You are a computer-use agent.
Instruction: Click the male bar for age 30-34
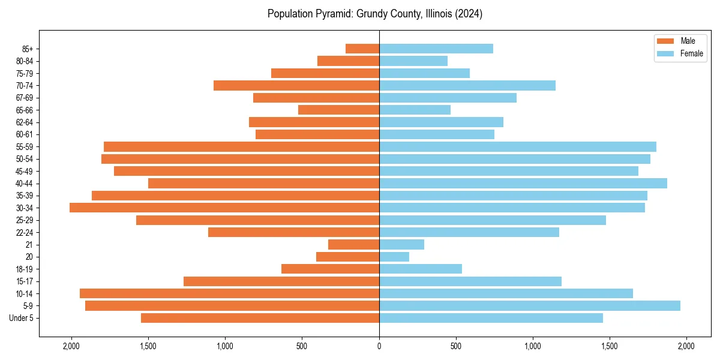[x=224, y=208]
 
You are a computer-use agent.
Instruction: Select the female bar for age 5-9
[x=529, y=305]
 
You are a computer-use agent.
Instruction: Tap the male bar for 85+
[x=362, y=49]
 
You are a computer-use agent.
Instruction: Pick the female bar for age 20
[x=394, y=257]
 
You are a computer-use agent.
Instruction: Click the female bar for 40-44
[x=523, y=183]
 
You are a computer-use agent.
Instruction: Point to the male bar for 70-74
[x=296, y=85]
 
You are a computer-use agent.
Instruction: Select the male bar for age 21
[x=353, y=244]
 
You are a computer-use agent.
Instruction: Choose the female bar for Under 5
[x=491, y=318]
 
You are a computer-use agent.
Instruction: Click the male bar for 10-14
[x=229, y=293]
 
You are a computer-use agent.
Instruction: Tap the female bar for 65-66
[x=415, y=110]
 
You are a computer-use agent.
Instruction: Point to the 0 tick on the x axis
[x=379, y=346]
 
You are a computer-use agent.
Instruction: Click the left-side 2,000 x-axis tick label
[x=71, y=346]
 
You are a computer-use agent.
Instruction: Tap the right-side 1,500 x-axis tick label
[x=609, y=346]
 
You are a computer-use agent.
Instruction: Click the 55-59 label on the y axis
[x=24, y=146]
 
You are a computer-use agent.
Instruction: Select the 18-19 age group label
[x=24, y=269]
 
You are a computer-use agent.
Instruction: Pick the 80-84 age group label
[x=24, y=61]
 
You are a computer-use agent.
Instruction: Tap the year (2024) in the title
[x=469, y=14]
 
